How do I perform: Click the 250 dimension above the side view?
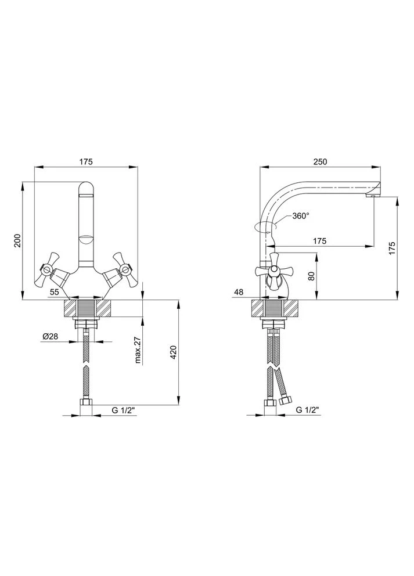tap(319, 161)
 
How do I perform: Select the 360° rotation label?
tap(301, 216)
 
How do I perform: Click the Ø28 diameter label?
tap(51, 336)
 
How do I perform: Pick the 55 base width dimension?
tap(55, 292)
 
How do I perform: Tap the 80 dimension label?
tap(311, 276)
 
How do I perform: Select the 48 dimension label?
tap(239, 292)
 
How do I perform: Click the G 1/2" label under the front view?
tap(123, 411)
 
